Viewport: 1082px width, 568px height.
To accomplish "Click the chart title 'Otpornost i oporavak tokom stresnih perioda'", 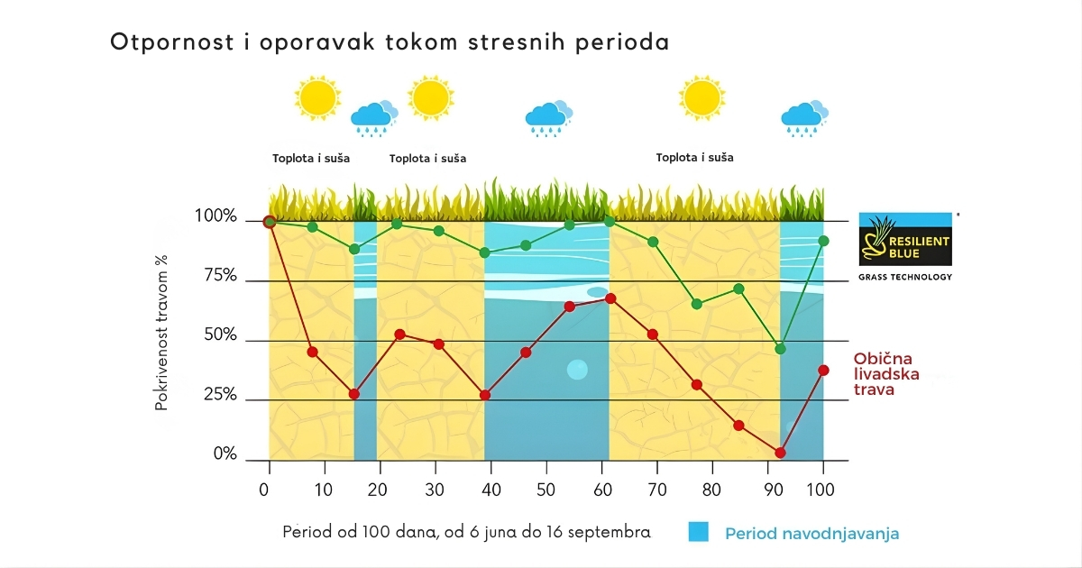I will coord(390,42).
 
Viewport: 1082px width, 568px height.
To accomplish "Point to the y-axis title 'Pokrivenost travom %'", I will coord(161,333).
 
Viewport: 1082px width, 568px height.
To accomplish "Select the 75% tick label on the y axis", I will coord(216,277).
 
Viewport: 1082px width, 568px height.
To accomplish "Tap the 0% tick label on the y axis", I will coord(225,454).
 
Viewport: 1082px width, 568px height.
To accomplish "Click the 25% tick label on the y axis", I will coord(216,395).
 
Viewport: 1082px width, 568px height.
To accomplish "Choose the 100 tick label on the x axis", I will coord(821,490).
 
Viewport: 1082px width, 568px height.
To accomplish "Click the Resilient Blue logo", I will coord(905,240).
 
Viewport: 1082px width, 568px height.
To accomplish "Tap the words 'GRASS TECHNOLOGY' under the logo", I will coord(905,277).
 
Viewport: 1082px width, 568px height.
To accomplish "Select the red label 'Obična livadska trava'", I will coord(886,373).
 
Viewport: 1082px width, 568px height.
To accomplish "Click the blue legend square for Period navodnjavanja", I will coord(699,532).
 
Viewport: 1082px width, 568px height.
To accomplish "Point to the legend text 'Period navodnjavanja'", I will coord(811,533).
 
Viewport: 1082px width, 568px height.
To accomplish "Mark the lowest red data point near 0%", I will coord(780,453).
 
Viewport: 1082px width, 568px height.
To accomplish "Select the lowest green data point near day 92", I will coord(781,349).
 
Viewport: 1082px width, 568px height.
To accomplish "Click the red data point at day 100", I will coord(823,370).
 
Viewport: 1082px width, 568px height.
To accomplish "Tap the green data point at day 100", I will coord(823,241).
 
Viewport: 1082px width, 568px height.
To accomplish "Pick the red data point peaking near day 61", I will coord(610,298).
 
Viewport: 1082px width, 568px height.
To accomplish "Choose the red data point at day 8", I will coord(312,352).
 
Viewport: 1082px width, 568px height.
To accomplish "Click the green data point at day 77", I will coord(696,304).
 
